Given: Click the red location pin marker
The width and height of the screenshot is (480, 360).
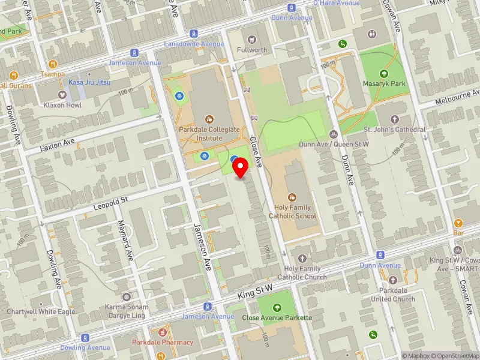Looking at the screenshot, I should [x=241, y=167].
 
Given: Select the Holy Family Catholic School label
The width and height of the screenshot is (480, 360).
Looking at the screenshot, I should [x=292, y=212].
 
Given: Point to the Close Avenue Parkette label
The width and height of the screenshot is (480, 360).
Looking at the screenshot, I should [x=277, y=317].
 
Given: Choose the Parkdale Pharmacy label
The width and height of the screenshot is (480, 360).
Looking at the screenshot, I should [x=160, y=343].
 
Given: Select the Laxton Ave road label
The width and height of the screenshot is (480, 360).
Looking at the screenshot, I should [x=58, y=145].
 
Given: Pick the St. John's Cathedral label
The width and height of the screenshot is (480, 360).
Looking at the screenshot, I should [x=394, y=129].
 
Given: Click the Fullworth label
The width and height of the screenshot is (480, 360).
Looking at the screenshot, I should [x=251, y=50].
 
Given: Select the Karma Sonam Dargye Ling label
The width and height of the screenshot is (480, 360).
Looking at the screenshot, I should [x=126, y=311].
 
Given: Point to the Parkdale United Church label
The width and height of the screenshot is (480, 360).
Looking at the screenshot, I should [x=393, y=295].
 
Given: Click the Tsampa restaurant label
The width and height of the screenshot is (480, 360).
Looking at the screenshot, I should [x=53, y=74].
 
